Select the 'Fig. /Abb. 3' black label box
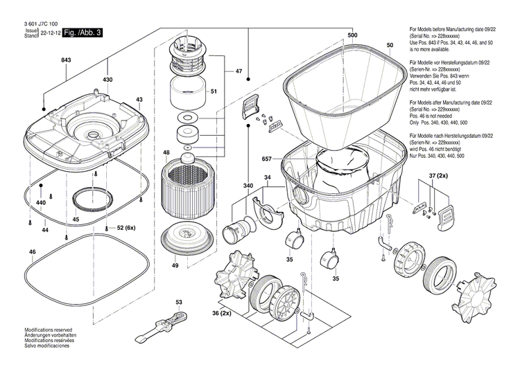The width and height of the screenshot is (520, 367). pyautogui.click(x=82, y=33)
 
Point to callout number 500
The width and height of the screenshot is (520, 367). pyautogui.click(x=352, y=35)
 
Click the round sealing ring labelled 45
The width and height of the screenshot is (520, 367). pyautogui.click(x=90, y=199)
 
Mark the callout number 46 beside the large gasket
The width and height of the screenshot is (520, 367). pyautogui.click(x=32, y=251)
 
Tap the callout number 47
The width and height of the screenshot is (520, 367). pyautogui.click(x=239, y=72)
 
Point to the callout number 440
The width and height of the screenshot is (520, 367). pyautogui.click(x=40, y=202)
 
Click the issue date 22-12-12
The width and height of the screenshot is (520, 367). pyautogui.click(x=50, y=33)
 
